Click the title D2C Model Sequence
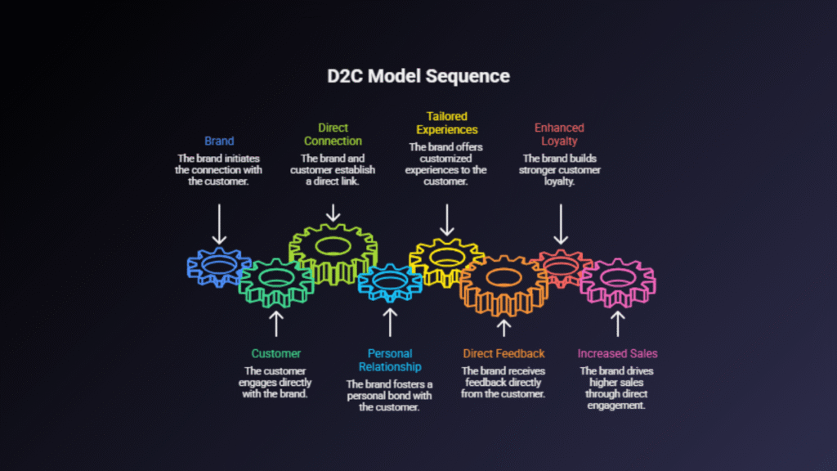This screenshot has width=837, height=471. (x=418, y=76)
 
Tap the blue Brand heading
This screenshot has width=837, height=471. (x=218, y=141)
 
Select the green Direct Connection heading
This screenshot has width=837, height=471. (x=333, y=134)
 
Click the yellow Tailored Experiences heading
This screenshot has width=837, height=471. (x=446, y=123)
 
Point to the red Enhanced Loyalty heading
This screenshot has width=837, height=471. (x=559, y=134)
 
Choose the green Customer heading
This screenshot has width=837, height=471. (x=275, y=353)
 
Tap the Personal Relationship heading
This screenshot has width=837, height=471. (x=389, y=360)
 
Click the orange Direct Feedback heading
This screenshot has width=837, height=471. (x=504, y=353)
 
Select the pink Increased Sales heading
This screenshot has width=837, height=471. (x=617, y=353)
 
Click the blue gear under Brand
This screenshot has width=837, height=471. (x=217, y=267)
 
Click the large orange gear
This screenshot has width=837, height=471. (x=504, y=283)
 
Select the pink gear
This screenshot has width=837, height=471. (x=617, y=283)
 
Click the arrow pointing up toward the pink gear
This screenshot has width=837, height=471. (x=617, y=325)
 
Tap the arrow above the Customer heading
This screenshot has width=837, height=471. (x=275, y=323)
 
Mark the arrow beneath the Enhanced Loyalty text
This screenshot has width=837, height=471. (x=560, y=222)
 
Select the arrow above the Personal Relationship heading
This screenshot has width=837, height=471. (x=390, y=321)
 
